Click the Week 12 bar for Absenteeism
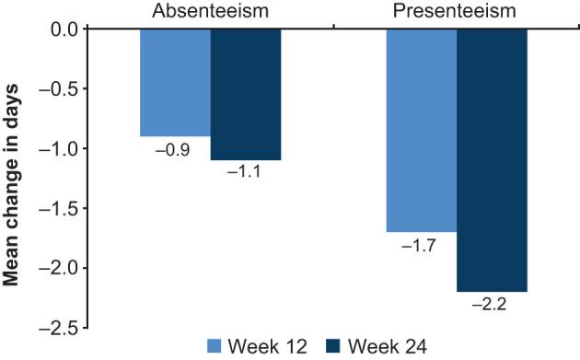point(175,82)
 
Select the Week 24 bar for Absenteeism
point(245,94)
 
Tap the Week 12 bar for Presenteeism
point(421,130)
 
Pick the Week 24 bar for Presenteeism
point(491,159)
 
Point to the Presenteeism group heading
point(456,12)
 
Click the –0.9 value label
point(175,148)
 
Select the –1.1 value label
point(245,172)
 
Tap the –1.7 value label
point(421,244)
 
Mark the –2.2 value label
point(491,304)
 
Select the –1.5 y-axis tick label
point(59,209)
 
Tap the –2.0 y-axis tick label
point(59,269)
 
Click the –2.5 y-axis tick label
point(59,328)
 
